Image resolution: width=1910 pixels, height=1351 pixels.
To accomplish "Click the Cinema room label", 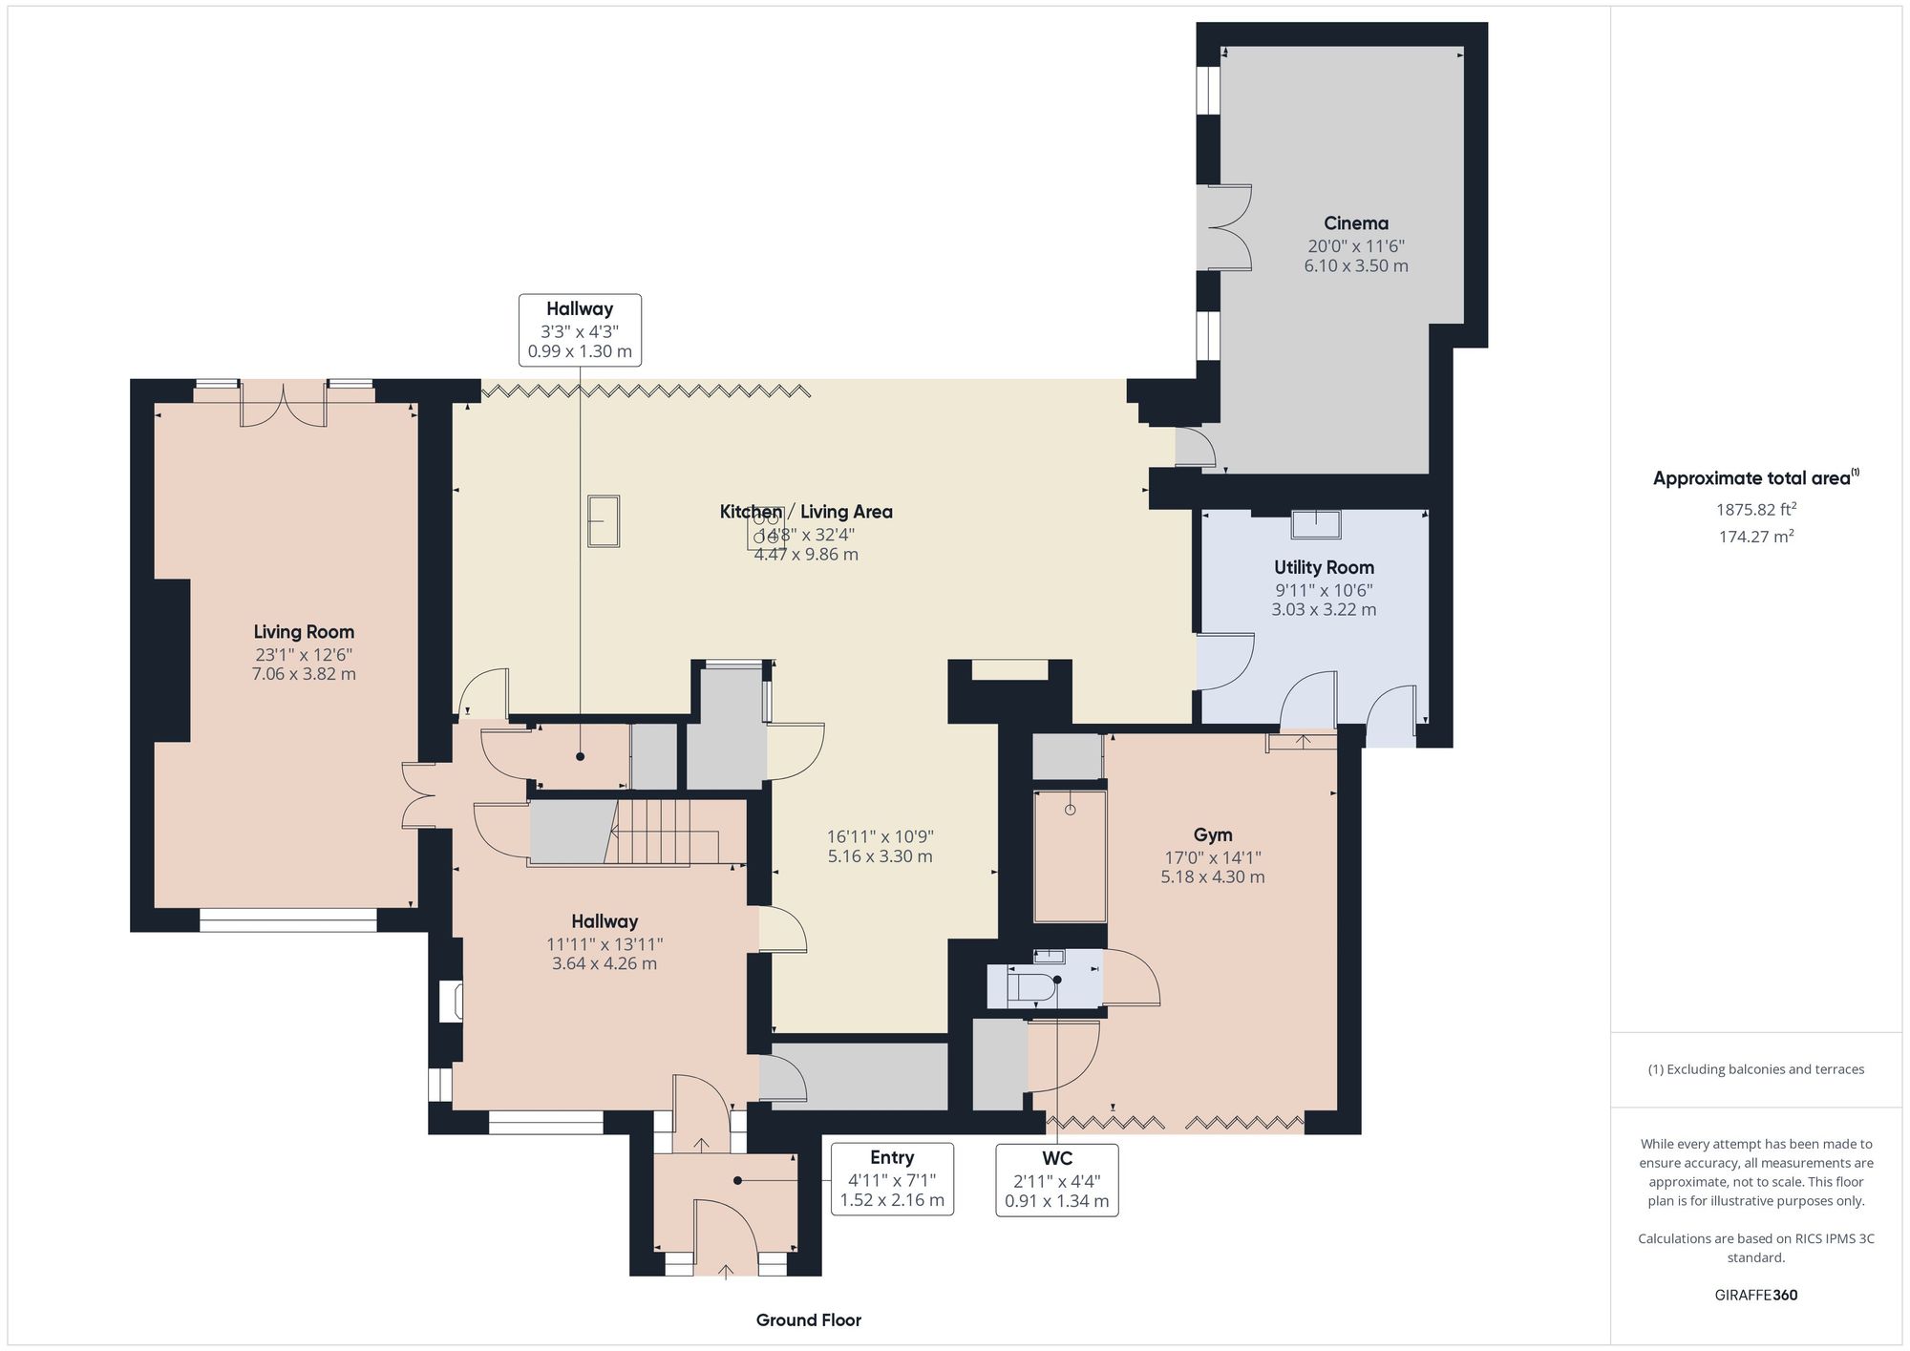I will (1355, 223).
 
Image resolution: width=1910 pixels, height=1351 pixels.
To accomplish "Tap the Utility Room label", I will (1324, 567).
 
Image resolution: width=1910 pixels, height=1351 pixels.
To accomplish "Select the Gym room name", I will (1212, 834).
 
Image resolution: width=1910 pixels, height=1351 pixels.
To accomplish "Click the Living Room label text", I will (304, 631).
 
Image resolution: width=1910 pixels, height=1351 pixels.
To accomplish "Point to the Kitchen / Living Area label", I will (806, 512).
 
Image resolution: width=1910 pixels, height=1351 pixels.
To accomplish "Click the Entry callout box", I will (891, 1178).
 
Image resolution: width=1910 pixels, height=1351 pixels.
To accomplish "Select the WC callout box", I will (1056, 1179).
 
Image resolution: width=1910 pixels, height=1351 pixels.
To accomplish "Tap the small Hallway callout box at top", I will (580, 329).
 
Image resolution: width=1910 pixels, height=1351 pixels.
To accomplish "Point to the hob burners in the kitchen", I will (766, 528).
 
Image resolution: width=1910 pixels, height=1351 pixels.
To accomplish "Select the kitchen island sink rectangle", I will (604, 520).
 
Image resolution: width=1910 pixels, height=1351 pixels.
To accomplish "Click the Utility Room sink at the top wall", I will (1316, 524).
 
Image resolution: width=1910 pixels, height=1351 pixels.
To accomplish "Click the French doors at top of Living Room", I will (283, 405).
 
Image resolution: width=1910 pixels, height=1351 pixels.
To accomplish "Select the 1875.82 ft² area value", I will (1755, 509).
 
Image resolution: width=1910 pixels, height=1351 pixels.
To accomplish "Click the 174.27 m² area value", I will (1755, 537).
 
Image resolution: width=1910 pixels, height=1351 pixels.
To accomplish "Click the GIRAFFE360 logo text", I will (1755, 1295).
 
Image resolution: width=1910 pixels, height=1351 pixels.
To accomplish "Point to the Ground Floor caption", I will (808, 1319).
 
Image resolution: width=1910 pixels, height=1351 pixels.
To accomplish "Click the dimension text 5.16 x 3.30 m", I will (880, 856).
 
